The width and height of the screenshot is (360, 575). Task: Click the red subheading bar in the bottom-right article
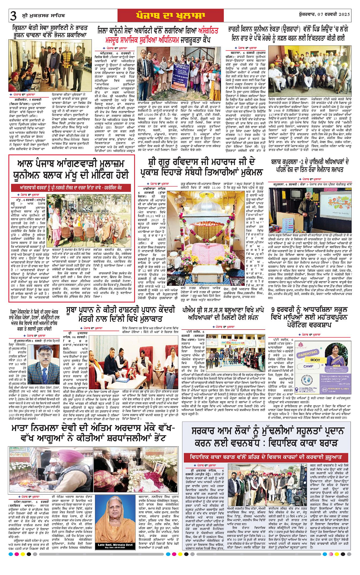pyautogui.click(x=266, y=457)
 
